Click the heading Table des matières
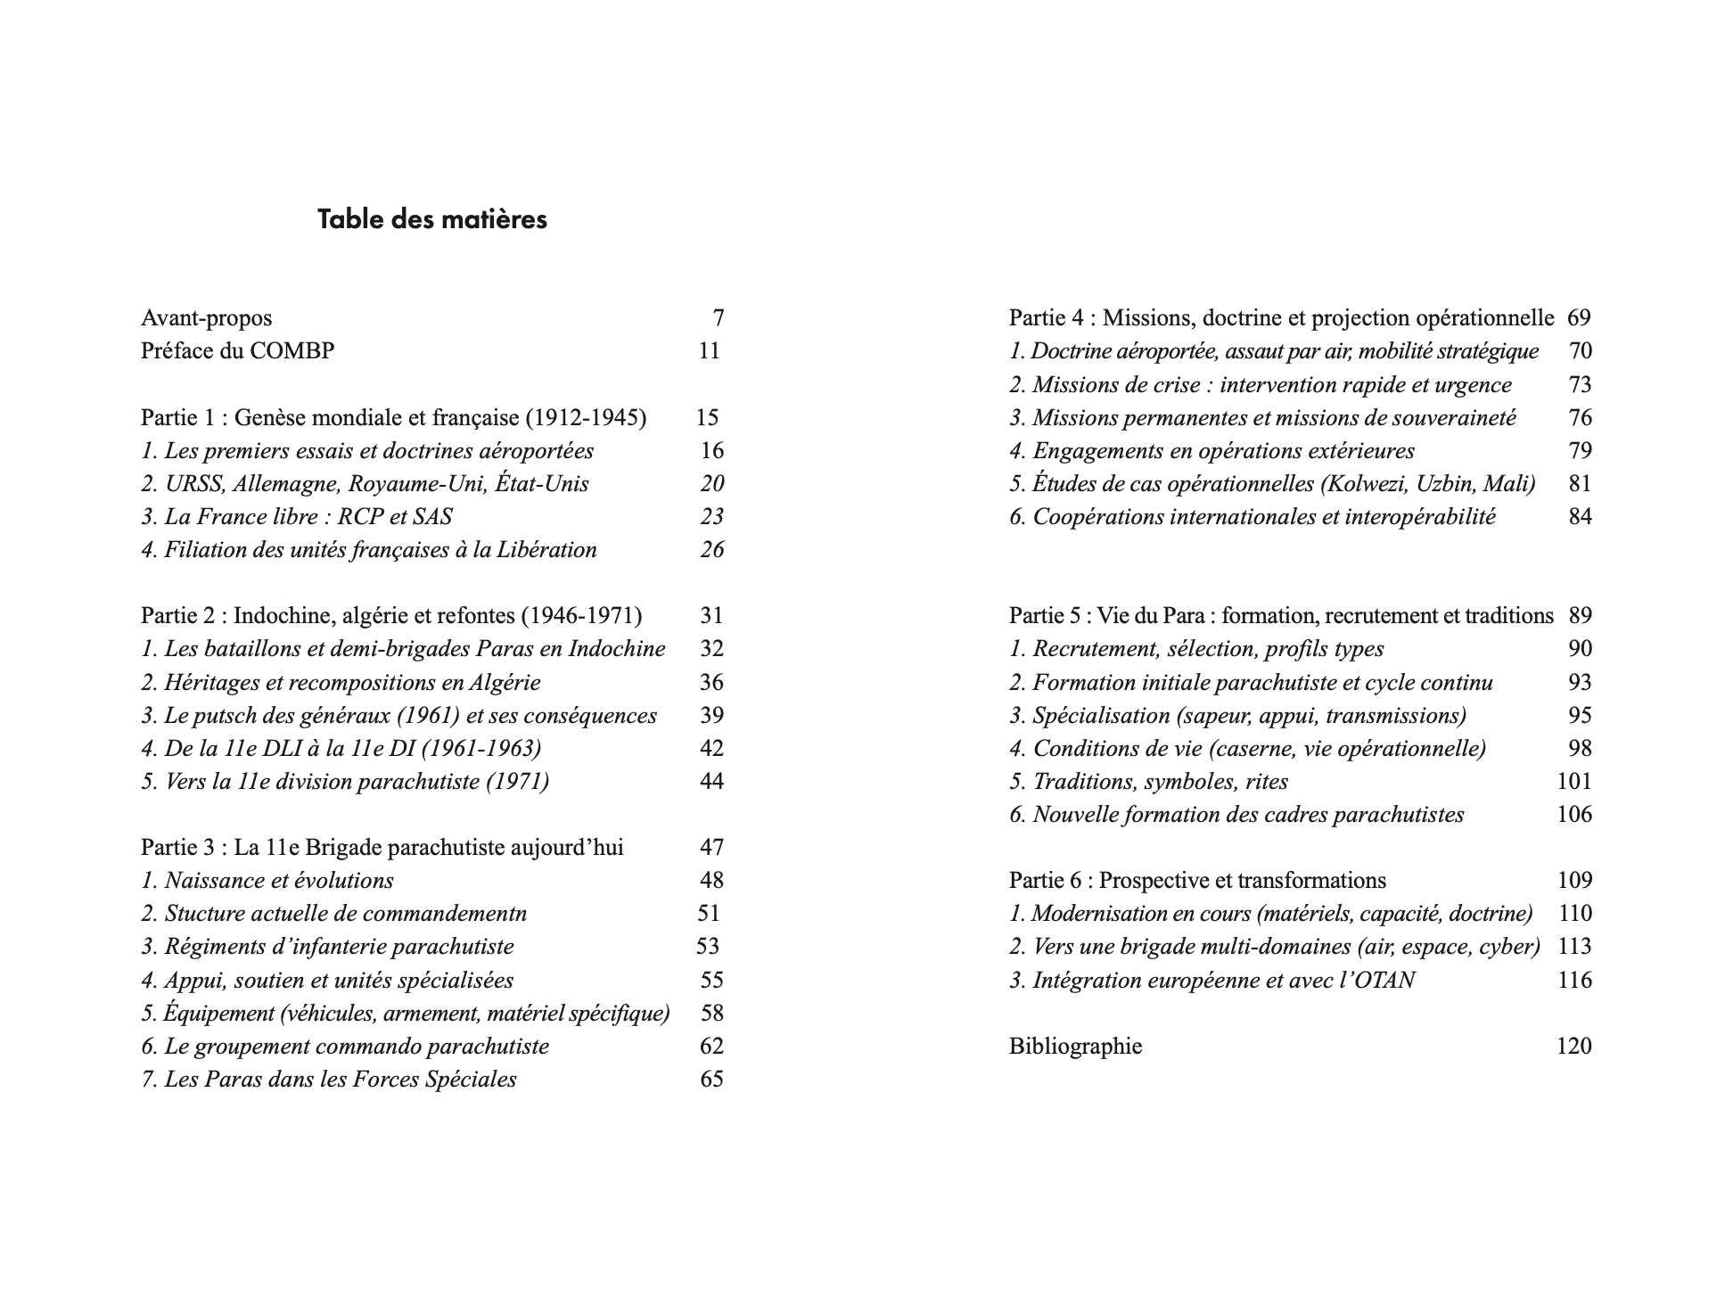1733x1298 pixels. point(432,219)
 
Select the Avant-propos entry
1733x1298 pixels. point(207,318)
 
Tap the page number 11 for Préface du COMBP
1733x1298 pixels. point(709,351)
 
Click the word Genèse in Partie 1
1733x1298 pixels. point(272,417)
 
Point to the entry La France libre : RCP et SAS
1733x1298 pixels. point(297,517)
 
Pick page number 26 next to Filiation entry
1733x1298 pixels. point(711,550)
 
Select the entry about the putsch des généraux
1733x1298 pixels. point(399,716)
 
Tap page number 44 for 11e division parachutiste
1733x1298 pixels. point(711,782)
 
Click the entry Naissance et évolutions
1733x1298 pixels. point(267,881)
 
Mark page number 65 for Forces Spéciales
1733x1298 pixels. point(711,1080)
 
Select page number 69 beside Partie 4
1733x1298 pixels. point(1579,318)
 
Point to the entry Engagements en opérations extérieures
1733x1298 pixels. point(1212,451)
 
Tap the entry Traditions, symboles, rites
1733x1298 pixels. point(1149,782)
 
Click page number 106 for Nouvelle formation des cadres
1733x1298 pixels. point(1574,815)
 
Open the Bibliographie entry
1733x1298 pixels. point(1076,1047)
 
